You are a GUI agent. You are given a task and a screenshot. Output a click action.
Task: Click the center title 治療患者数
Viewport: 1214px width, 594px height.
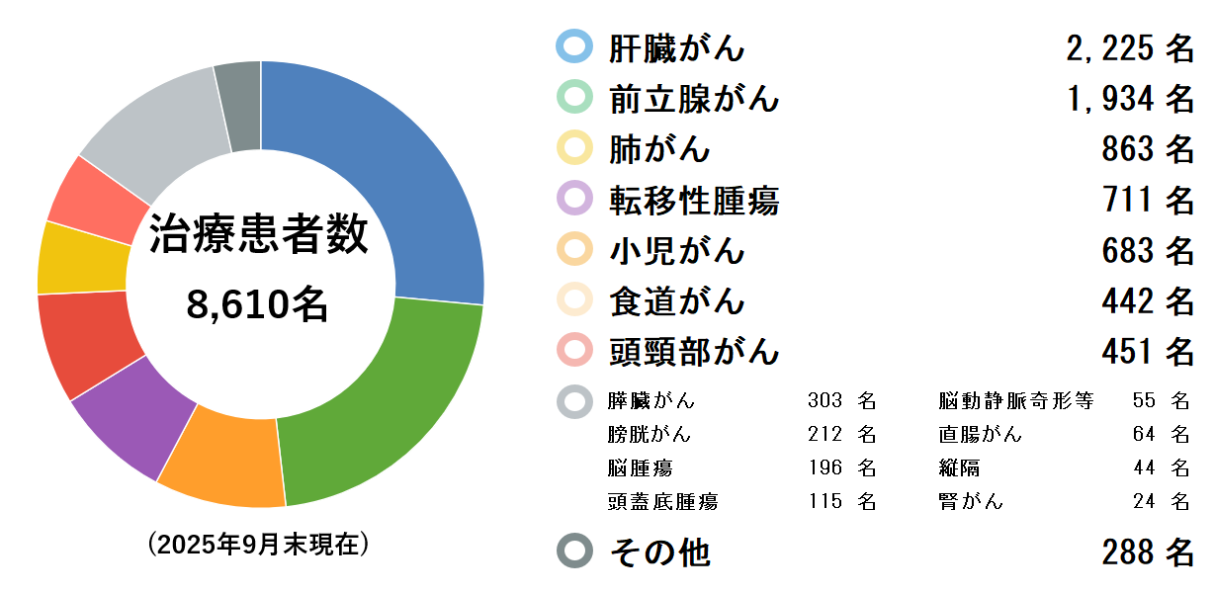[259, 237]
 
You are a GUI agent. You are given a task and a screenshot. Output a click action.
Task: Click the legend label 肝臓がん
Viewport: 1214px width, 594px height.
[677, 47]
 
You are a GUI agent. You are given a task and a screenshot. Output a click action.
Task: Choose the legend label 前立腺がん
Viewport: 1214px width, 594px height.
[694, 99]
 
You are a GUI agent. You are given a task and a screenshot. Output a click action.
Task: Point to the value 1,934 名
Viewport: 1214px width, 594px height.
[1130, 99]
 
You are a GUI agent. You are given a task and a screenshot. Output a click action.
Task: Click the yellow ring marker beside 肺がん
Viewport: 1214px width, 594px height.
[574, 148]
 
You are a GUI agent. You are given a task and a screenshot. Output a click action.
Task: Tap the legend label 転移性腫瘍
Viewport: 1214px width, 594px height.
[694, 201]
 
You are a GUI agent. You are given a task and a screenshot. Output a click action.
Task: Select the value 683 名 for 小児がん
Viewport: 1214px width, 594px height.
[1148, 251]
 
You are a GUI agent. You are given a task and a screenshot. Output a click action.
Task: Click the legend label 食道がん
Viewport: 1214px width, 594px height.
[677, 300]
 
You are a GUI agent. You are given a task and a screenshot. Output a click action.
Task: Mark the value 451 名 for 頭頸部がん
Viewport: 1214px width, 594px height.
[1148, 351]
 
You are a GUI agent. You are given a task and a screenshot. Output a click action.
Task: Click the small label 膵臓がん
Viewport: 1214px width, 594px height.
[651, 401]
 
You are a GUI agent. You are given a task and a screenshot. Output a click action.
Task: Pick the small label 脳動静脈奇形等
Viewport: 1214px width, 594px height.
[1016, 401]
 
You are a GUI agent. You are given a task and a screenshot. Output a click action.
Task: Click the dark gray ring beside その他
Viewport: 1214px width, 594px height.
[574, 552]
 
